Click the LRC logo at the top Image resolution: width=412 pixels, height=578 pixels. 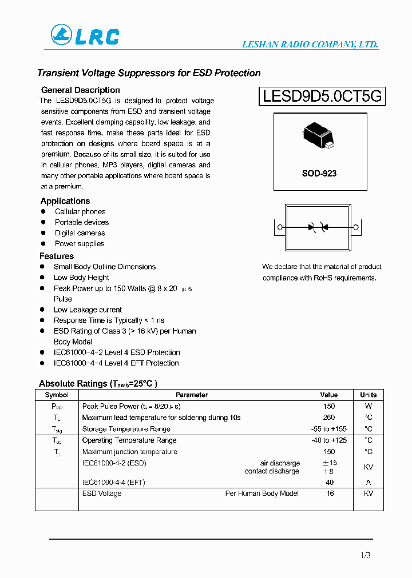[x=85, y=35]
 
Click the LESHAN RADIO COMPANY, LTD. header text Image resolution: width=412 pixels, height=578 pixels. [x=310, y=45]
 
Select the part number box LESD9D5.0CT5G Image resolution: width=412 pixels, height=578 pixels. [x=322, y=96]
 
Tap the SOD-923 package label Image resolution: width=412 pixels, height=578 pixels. [x=319, y=173]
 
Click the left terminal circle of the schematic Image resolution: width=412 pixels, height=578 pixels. [x=280, y=227]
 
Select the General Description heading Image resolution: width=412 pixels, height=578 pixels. [x=81, y=90]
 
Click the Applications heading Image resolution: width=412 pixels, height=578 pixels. [x=65, y=201]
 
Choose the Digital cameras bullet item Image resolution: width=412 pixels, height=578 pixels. [x=80, y=233]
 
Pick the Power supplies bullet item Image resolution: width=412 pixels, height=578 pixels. [x=80, y=244]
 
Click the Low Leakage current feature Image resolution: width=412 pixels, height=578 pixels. [x=88, y=310]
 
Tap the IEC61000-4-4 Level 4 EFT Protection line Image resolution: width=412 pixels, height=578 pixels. [x=116, y=363]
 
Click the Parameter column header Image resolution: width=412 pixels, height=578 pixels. [x=192, y=395]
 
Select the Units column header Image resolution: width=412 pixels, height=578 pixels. [x=369, y=395]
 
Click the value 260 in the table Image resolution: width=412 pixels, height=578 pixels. [x=329, y=418]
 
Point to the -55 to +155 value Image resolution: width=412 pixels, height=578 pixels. [x=329, y=429]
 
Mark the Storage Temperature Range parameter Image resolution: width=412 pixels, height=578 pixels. [x=126, y=429]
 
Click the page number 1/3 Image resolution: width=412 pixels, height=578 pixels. [x=366, y=555]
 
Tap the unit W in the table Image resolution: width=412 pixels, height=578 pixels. [x=369, y=406]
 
